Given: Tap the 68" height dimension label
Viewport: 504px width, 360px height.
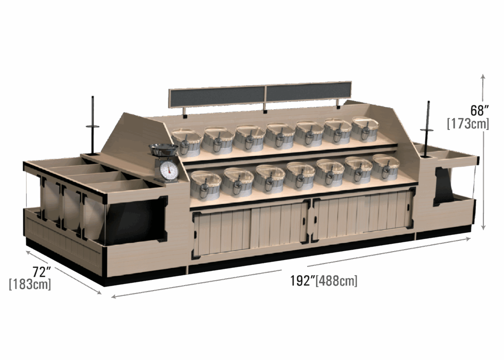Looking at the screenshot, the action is pyautogui.click(x=479, y=110).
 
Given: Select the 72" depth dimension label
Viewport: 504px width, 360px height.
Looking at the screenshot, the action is pyautogui.click(x=41, y=272).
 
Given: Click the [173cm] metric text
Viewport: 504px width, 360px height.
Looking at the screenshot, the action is pyautogui.click(x=468, y=124).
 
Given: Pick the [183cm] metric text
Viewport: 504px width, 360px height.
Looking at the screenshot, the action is pyautogui.click(x=30, y=284).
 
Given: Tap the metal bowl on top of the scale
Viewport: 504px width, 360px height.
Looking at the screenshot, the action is pyautogui.click(x=163, y=150).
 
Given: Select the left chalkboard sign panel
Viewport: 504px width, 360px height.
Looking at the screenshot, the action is pyautogui.click(x=217, y=96).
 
